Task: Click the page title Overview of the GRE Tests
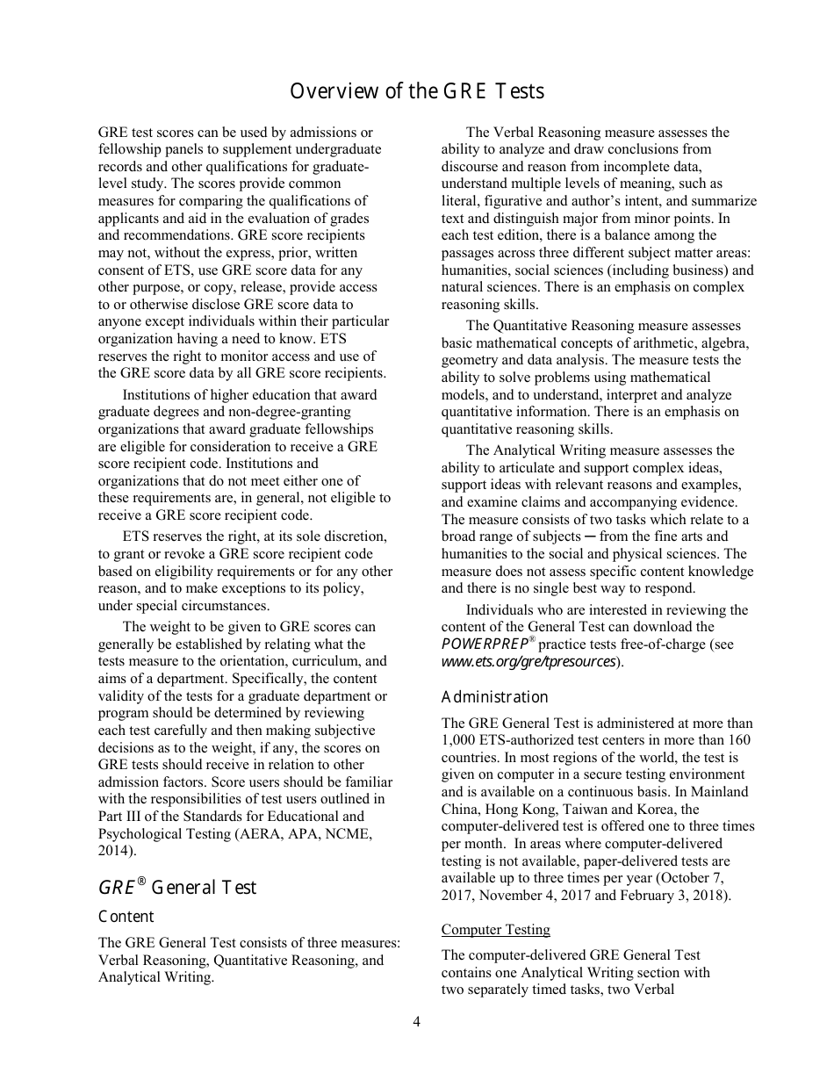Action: pos(417,91)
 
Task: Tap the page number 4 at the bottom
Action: pos(417,1021)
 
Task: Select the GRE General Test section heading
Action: pos(177,887)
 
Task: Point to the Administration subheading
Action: pos(494,697)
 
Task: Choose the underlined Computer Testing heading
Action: pos(495,929)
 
